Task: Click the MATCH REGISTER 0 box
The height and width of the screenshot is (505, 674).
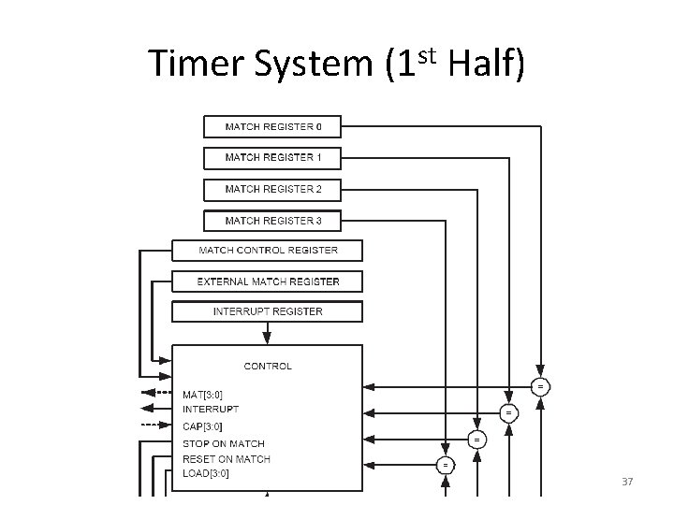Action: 272,126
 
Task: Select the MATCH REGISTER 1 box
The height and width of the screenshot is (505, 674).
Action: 272,157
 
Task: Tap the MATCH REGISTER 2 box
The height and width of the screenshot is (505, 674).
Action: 272,189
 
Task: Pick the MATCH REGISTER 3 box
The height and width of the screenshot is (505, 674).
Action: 272,221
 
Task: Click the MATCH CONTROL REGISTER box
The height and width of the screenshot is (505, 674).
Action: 268,250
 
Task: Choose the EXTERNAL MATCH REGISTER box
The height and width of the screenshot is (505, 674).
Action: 268,281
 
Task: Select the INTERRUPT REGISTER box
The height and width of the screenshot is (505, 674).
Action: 268,311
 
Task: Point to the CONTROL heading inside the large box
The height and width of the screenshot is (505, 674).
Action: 268,367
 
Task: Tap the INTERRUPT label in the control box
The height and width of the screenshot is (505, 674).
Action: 211,409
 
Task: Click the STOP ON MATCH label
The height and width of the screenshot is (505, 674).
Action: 224,443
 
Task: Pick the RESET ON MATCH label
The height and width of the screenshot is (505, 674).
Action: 227,458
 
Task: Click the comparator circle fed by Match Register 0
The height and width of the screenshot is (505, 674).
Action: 540,386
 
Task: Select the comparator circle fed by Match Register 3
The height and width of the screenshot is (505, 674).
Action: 446,464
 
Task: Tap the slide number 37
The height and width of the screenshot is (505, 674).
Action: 628,482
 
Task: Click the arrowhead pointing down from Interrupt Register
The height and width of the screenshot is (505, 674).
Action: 267,339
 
